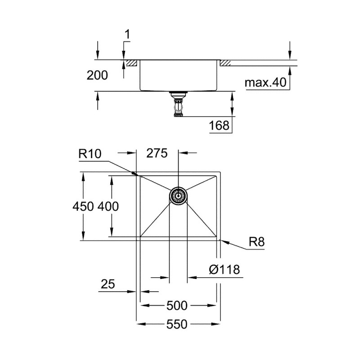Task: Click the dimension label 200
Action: pos(97,75)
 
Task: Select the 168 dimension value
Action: pos(219,126)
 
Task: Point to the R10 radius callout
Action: pos(90,153)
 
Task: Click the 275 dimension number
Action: pos(157,153)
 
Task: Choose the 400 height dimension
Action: pos(108,207)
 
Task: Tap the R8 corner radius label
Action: pos(256,243)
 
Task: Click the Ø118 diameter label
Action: pos(224,270)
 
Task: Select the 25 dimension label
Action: pos(108,284)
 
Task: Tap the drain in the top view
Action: pos(178,197)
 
